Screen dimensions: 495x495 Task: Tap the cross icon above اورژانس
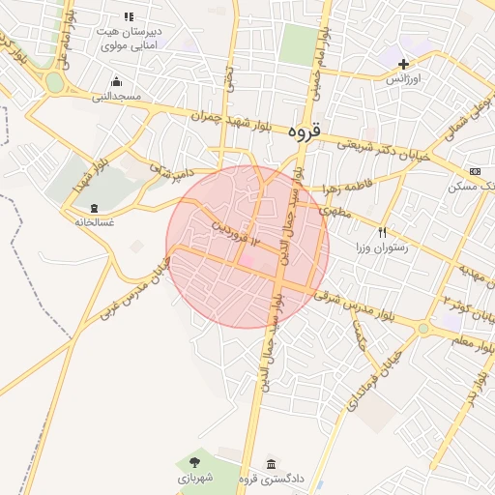(x=403, y=64)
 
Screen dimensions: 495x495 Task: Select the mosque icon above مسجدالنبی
(x=117, y=81)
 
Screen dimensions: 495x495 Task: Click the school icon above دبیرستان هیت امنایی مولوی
(x=129, y=16)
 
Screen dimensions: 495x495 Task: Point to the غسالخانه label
(x=94, y=222)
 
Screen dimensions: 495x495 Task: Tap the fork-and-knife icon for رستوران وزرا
(x=382, y=232)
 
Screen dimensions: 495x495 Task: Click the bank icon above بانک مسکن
(x=474, y=170)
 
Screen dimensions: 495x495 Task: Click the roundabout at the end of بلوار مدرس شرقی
(x=422, y=329)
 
